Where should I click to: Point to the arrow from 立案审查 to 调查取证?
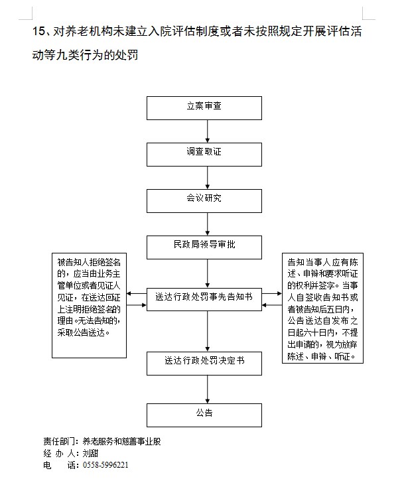tap(208, 130)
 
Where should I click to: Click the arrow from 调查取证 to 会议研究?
tap(208, 176)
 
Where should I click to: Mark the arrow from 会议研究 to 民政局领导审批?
tap(208, 223)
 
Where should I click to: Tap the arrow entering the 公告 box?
tap(208, 388)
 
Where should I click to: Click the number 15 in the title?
tap(38, 32)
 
